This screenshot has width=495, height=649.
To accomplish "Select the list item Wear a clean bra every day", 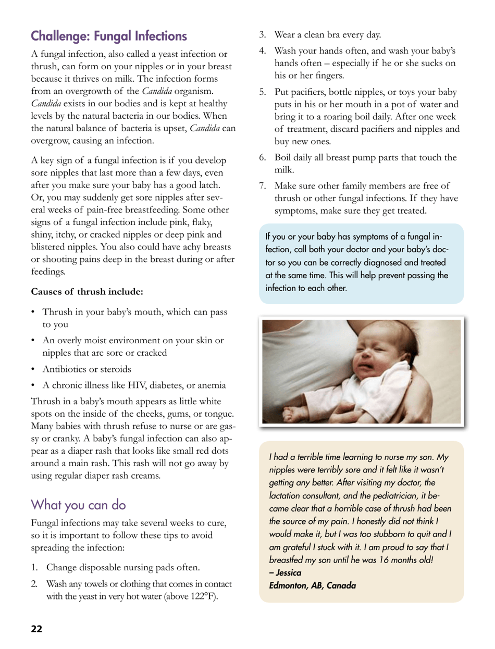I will tap(336, 35).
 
